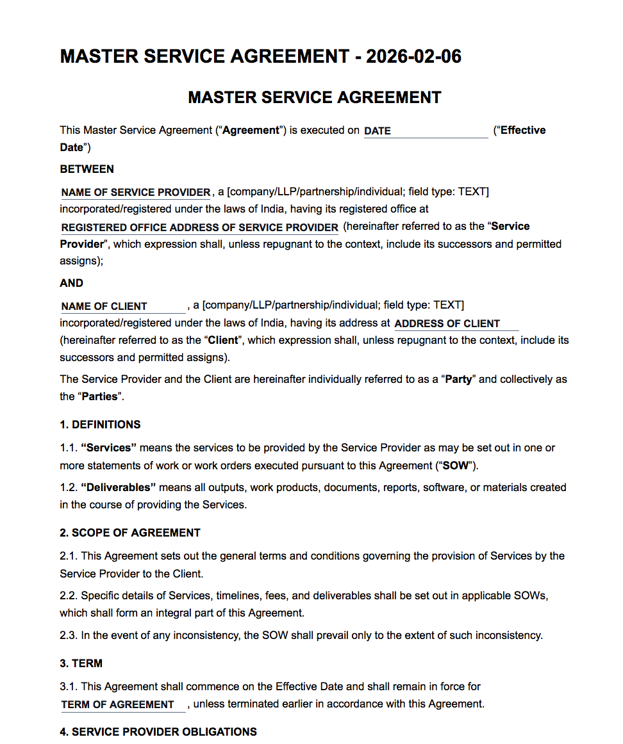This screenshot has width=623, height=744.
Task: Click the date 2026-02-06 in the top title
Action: pos(413,56)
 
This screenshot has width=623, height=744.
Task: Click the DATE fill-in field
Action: pos(426,131)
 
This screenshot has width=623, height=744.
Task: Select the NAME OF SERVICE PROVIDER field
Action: pos(136,192)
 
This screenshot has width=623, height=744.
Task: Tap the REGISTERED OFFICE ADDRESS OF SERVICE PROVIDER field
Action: pos(199,227)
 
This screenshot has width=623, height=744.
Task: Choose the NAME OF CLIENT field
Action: pos(123,306)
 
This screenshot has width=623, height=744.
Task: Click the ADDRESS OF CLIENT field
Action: pos(456,323)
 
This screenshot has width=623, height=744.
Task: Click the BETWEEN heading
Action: pos(87,169)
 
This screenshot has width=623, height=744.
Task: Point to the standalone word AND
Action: pos(72,283)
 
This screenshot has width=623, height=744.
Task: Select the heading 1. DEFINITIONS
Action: pos(100,425)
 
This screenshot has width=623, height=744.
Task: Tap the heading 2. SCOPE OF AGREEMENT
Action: pos(130,533)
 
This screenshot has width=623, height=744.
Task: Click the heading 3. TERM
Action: pos(81,663)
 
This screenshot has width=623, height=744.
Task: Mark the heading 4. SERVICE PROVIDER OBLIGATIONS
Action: pos(158,732)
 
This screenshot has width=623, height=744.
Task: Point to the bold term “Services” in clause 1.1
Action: pos(109,448)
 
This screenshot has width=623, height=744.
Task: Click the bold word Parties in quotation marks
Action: pos(99,396)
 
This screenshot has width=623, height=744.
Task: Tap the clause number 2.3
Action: pos(68,636)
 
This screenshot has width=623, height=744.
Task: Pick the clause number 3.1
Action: pos(68,686)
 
